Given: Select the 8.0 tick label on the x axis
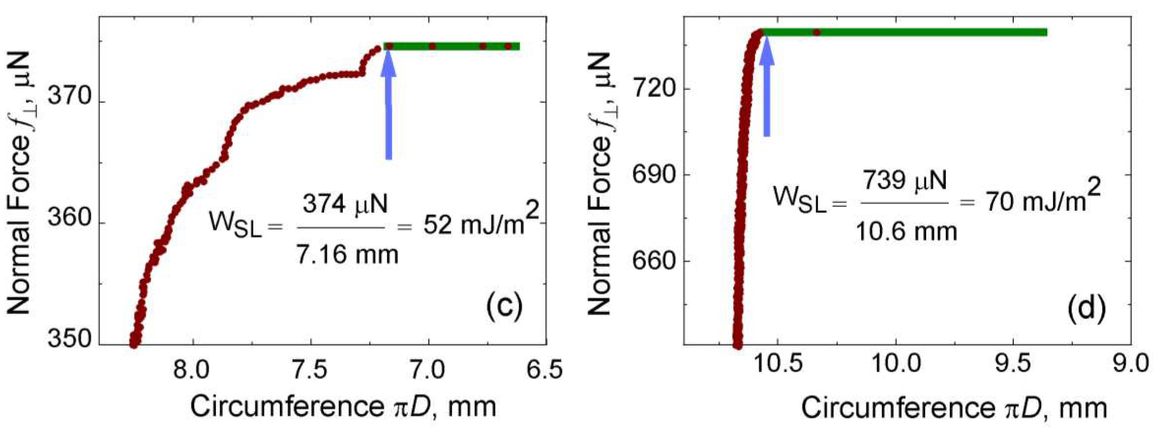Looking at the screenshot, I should (193, 370).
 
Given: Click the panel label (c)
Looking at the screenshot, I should (504, 307).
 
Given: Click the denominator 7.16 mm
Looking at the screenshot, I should (347, 254).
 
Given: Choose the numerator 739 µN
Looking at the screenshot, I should (905, 180).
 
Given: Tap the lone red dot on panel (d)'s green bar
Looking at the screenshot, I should (817, 32).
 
